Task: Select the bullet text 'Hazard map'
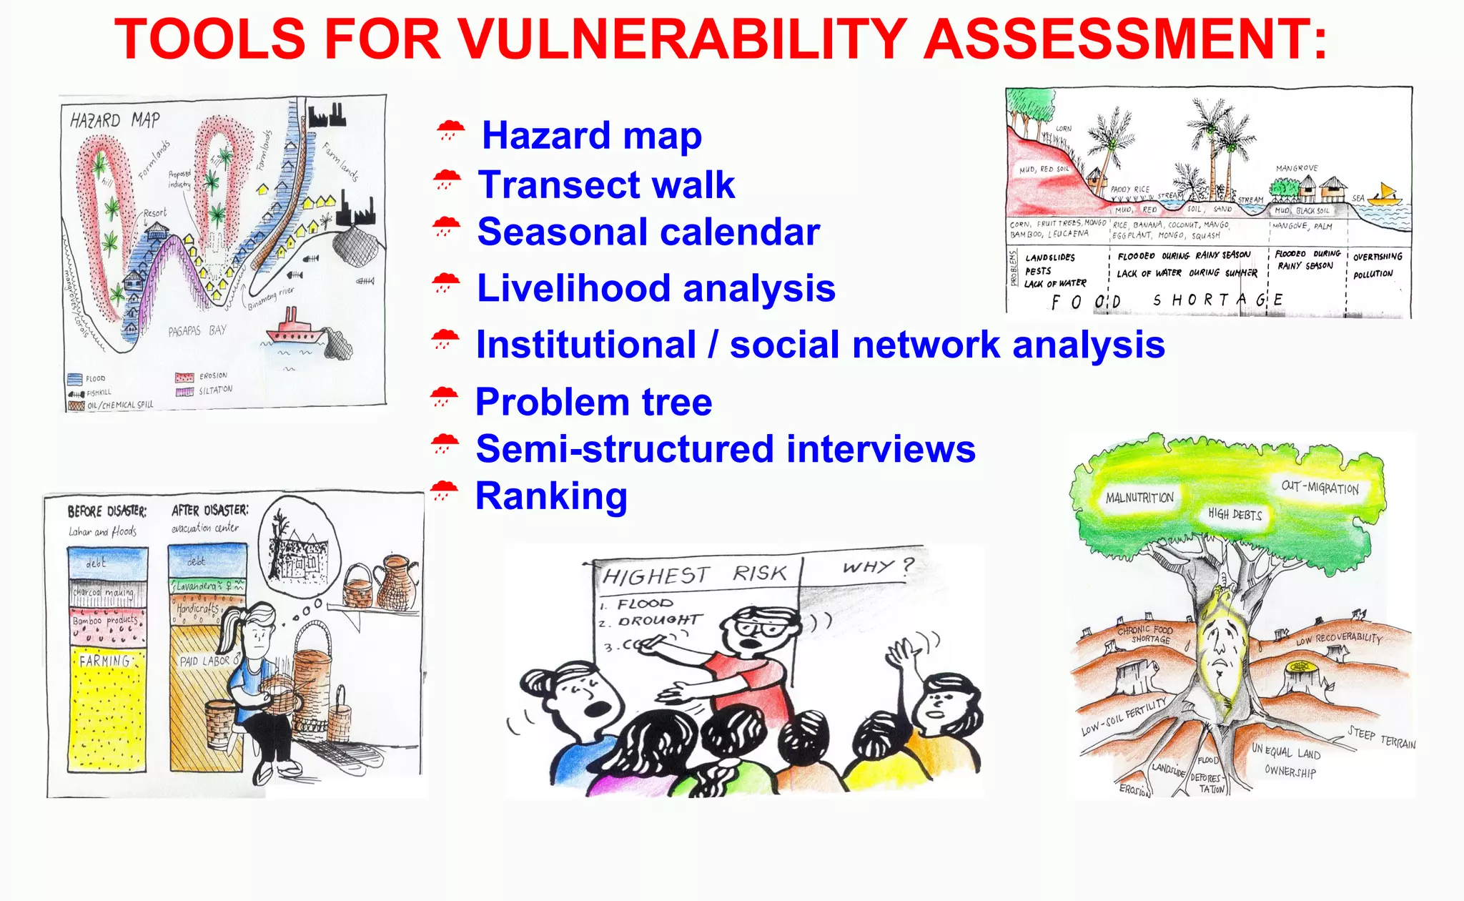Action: click(x=591, y=135)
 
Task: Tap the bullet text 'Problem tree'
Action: click(x=593, y=402)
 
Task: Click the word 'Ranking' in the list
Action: click(x=551, y=496)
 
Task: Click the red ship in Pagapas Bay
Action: click(x=295, y=330)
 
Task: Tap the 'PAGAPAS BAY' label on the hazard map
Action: click(x=197, y=331)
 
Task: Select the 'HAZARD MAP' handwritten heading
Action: click(x=115, y=120)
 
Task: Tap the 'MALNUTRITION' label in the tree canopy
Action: click(x=1139, y=498)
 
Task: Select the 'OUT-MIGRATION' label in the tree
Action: click(x=1320, y=488)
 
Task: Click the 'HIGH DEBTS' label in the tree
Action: click(x=1235, y=514)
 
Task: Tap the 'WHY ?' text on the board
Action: click(x=877, y=567)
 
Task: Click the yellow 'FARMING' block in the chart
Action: click(x=106, y=708)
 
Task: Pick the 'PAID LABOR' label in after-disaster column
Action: click(x=204, y=661)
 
